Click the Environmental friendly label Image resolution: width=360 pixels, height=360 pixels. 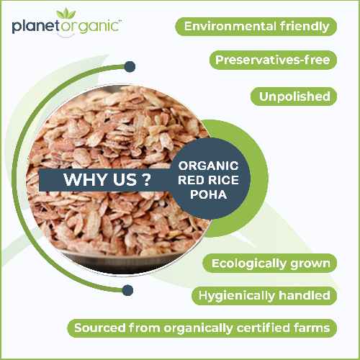(x=256, y=27)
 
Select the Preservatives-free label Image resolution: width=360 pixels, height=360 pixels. (x=273, y=60)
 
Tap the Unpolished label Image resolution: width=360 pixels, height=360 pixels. (x=294, y=96)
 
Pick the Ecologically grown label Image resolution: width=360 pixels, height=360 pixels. (x=271, y=263)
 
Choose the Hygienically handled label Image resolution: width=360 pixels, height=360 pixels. (x=264, y=295)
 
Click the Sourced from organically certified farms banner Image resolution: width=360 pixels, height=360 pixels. (x=203, y=328)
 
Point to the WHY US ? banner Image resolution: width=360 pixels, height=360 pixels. (x=101, y=179)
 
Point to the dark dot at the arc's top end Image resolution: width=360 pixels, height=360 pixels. (x=130, y=67)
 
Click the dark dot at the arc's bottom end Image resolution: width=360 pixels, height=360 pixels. (x=128, y=290)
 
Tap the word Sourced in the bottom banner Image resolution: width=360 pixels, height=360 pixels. (x=99, y=328)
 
